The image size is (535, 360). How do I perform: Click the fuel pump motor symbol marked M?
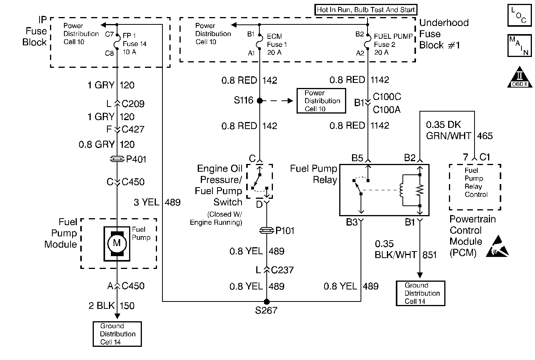117,243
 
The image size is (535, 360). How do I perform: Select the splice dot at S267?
266,301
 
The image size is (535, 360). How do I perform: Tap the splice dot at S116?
259,101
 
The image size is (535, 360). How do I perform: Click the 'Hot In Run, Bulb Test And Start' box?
366,10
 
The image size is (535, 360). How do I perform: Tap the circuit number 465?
485,136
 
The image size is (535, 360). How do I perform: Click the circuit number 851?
429,255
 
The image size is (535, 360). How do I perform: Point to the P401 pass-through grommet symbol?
117,159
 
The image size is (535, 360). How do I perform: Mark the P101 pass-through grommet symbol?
267,231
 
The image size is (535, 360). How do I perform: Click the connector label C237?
282,270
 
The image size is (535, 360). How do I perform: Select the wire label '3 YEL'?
147,202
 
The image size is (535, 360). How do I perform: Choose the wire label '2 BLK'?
101,306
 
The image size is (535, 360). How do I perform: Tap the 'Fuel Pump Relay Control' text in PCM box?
476,182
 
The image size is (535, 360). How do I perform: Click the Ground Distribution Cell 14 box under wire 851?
420,293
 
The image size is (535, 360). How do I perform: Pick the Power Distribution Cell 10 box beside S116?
321,101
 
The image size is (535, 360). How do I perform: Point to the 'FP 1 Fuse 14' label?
135,40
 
